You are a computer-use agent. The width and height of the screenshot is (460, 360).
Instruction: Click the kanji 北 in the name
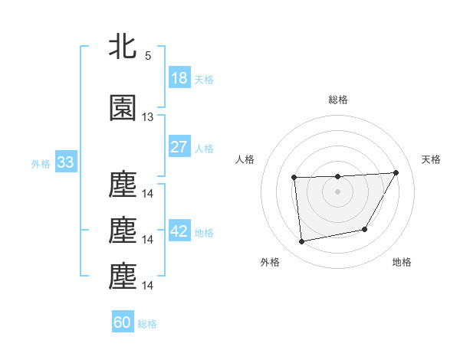tap(123, 46)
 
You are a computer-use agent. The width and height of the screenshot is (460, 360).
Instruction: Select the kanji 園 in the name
tap(123, 108)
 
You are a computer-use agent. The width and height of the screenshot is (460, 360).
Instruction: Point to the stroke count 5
tap(148, 55)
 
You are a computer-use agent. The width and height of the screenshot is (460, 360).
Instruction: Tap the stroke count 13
tap(148, 117)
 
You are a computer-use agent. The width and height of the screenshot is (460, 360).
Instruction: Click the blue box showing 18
tap(179, 77)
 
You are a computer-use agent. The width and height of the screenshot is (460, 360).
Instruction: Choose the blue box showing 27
tap(179, 147)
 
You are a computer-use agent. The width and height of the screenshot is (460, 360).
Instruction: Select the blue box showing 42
tap(179, 231)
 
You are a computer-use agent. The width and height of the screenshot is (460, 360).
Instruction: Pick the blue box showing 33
tap(64, 162)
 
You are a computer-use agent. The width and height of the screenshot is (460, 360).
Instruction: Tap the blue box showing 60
tap(123, 322)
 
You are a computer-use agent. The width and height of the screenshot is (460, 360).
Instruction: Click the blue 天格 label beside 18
tap(204, 79)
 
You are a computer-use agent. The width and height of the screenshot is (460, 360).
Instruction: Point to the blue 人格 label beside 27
tap(204, 148)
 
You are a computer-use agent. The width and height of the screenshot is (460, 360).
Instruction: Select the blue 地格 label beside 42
tap(204, 232)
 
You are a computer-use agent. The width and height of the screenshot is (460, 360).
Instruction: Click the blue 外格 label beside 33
tap(41, 163)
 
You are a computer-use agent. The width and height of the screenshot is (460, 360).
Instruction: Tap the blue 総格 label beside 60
tap(147, 323)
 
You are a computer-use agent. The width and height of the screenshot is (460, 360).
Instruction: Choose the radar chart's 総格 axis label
tap(337, 100)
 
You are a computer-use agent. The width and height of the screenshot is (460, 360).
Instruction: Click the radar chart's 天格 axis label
tap(431, 159)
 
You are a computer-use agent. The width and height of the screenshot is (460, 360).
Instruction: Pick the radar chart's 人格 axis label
tap(245, 159)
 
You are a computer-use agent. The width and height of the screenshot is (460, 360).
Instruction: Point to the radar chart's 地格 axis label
tap(402, 262)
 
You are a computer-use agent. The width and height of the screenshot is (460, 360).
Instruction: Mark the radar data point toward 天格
tap(396, 172)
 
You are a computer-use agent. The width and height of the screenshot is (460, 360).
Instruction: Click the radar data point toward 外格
tap(302, 242)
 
